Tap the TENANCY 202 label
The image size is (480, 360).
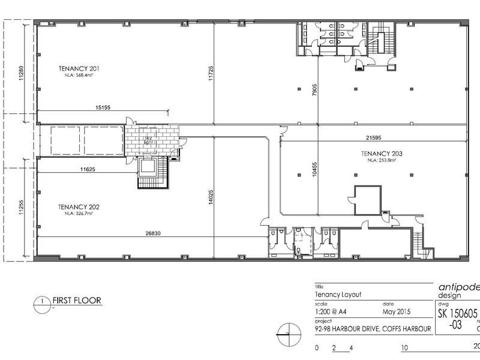click(79, 206)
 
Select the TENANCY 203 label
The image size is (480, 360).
click(382, 154)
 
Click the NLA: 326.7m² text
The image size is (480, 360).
click(79, 213)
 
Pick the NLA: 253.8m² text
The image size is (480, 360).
click(382, 160)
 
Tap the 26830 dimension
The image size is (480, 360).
click(151, 235)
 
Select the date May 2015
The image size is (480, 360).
click(396, 312)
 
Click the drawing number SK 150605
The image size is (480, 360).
click(457, 314)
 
